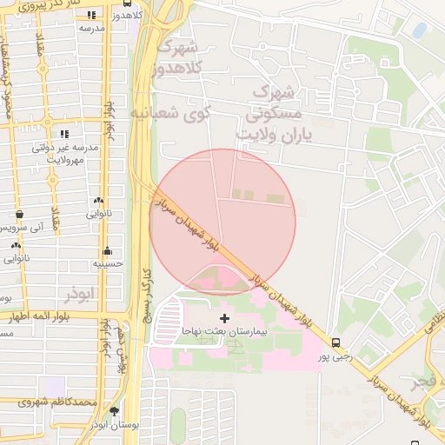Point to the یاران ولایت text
point(272,135)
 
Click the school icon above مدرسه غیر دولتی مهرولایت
point(64,134)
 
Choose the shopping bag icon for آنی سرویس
point(20,214)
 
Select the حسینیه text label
point(109,262)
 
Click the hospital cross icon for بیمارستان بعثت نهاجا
point(225,319)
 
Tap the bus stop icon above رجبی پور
point(336,342)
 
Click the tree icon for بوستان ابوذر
point(114,410)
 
